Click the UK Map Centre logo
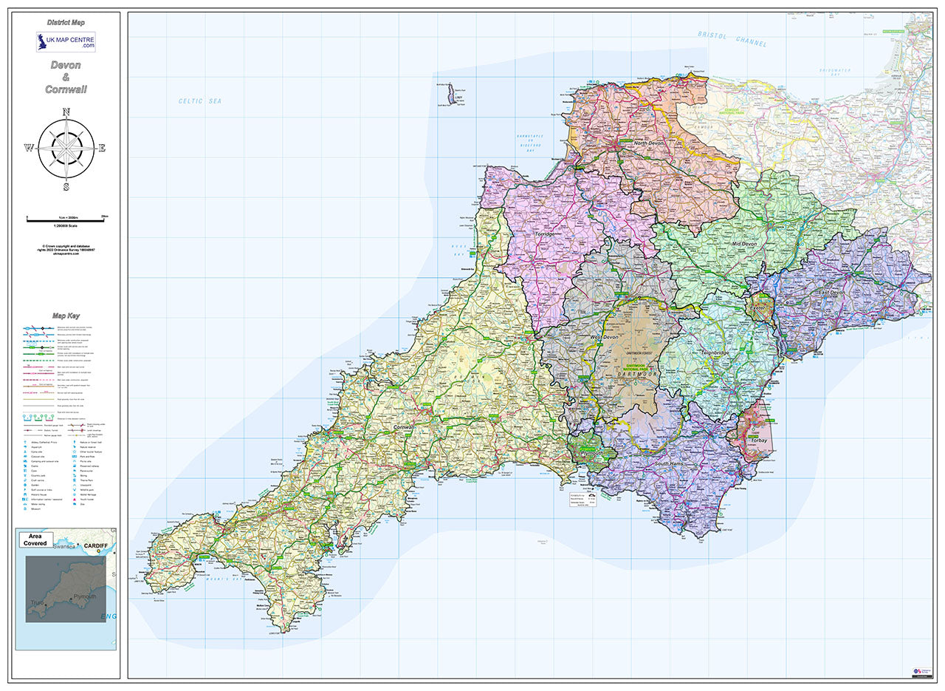coord(66,41)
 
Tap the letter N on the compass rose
coord(66,112)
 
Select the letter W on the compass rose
coord(29,148)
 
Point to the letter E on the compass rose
coord(102,148)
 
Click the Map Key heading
coord(66,316)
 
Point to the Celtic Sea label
coord(199,101)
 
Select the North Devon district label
coord(650,143)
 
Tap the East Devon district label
coord(833,293)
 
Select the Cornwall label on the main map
coord(405,428)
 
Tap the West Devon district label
coord(604,337)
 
